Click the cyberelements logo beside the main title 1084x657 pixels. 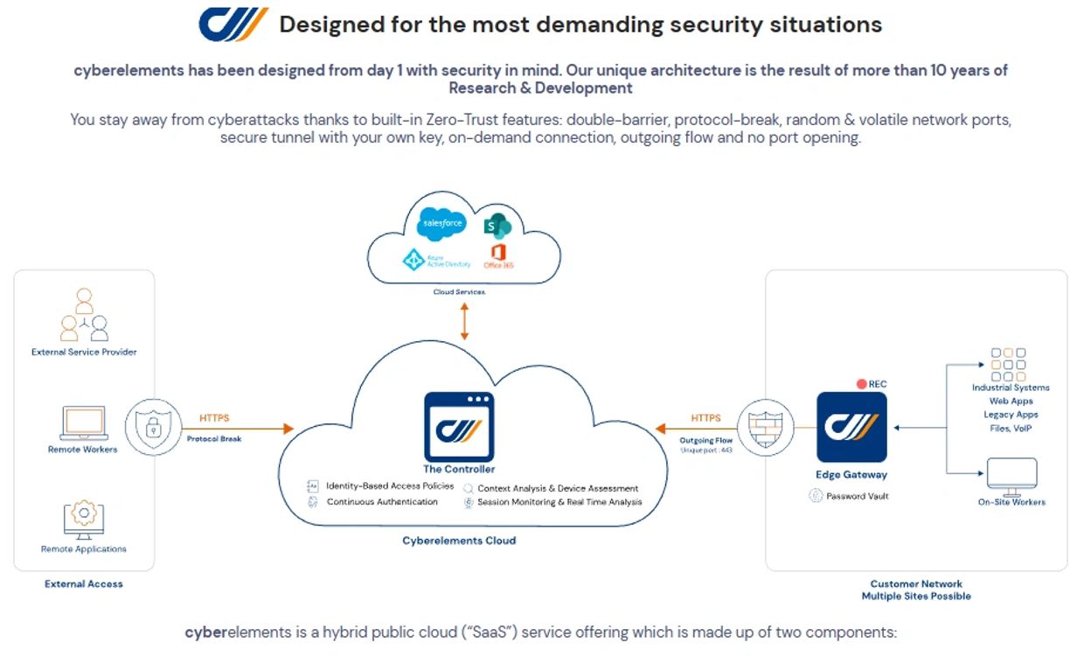(233, 24)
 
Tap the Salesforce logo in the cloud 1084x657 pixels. (441, 224)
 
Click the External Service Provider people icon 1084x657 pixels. (84, 316)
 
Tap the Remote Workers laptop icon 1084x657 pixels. (83, 423)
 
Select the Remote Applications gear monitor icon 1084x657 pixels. (84, 518)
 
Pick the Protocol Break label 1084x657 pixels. (214, 438)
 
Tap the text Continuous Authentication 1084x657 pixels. (382, 502)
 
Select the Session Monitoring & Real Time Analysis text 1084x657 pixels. (559, 502)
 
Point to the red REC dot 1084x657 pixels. (861, 384)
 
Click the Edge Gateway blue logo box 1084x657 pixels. (851, 427)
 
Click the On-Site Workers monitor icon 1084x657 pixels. (1011, 475)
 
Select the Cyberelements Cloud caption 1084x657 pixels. (459, 541)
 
